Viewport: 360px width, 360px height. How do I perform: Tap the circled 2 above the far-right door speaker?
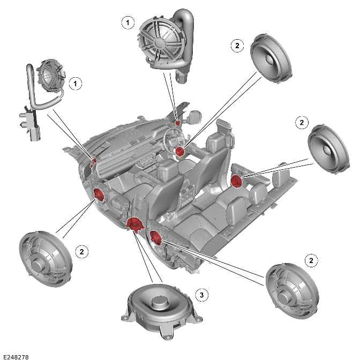[x=302, y=123]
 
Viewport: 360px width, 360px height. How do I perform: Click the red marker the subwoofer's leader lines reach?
[x=133, y=224]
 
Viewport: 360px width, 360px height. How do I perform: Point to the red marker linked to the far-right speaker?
[x=236, y=182]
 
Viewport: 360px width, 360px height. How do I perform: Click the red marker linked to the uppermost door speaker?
[x=180, y=152]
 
